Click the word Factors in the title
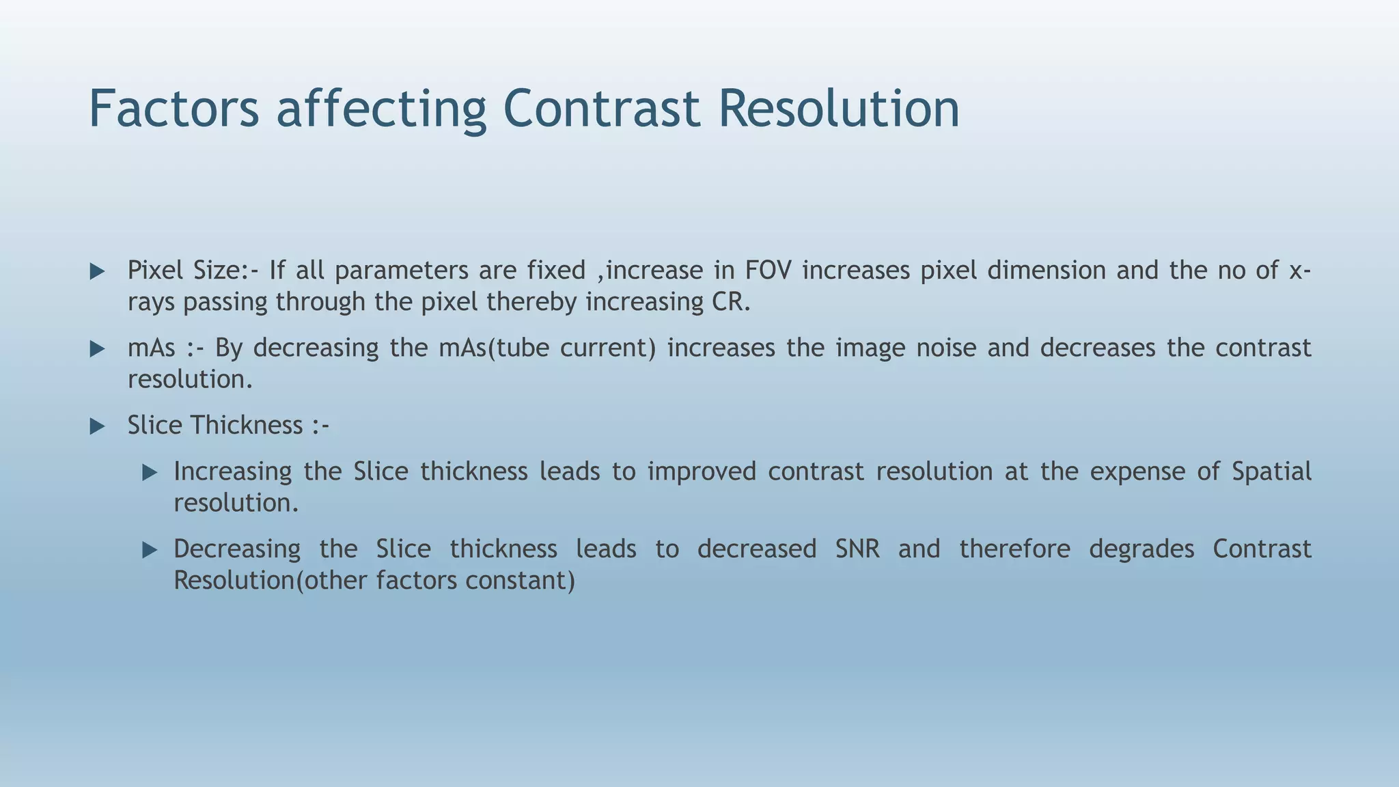pos(174,108)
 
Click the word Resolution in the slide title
pos(839,108)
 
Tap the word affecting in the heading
pos(381,109)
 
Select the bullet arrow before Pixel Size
pos(98,272)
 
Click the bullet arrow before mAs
pos(98,349)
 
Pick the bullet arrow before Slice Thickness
pos(98,427)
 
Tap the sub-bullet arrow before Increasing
pos(150,473)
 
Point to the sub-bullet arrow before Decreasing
pos(150,550)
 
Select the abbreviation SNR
pos(857,549)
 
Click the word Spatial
pos(1271,472)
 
